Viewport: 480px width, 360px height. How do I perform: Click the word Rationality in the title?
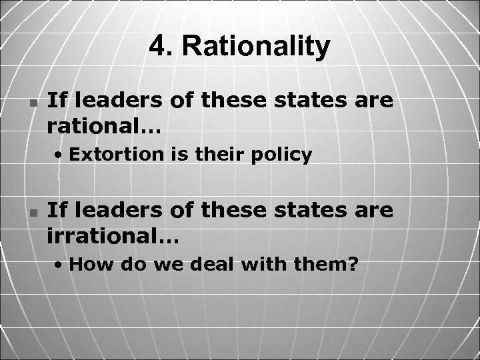[x=256, y=47]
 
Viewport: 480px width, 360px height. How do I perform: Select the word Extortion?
[x=107, y=155]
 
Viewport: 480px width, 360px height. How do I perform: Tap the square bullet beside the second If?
[x=33, y=213]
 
